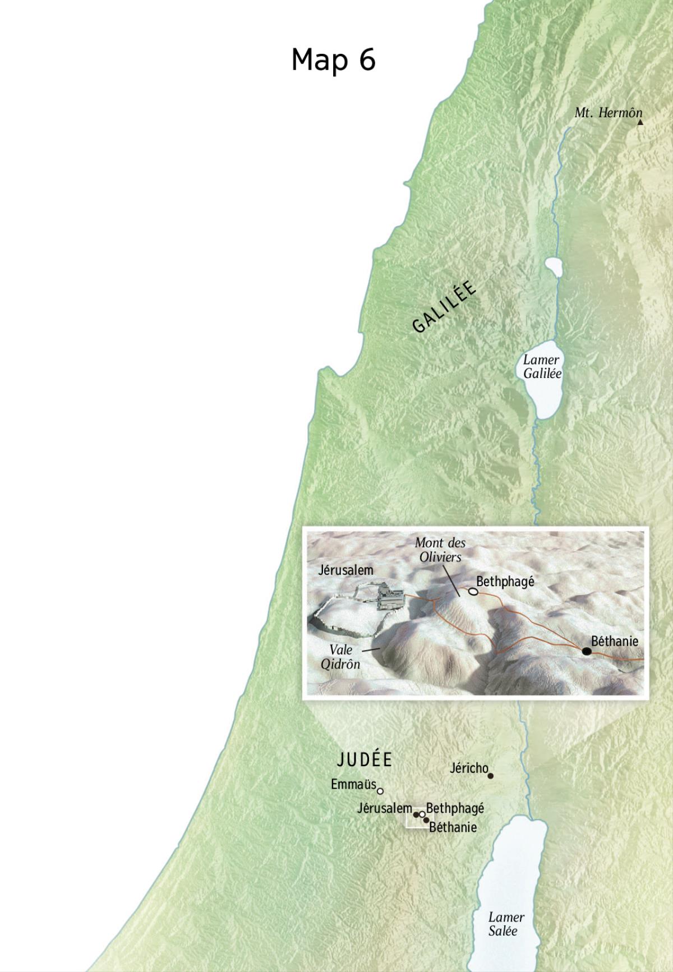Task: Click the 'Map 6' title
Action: [x=333, y=59]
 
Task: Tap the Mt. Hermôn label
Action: [x=608, y=113]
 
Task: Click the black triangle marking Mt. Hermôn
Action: [x=640, y=122]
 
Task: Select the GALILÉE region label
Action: [x=444, y=307]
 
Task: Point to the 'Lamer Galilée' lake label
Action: [x=542, y=367]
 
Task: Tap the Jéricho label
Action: [x=469, y=768]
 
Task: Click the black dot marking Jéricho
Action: [x=491, y=776]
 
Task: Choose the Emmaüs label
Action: [x=353, y=784]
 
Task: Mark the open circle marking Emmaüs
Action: [x=380, y=791]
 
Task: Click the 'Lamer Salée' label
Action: [x=506, y=924]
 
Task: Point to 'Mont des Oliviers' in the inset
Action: [x=440, y=550]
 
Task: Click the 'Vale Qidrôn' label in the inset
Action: [x=340, y=657]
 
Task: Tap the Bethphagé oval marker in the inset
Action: [x=473, y=591]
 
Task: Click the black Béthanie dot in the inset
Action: [x=587, y=651]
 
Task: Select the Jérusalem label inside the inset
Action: [x=345, y=570]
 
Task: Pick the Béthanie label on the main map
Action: [x=453, y=827]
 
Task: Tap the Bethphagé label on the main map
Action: [x=455, y=808]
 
